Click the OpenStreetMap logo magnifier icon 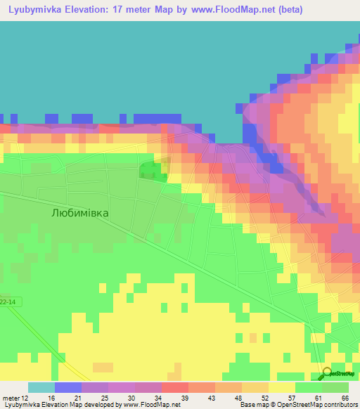(x=328, y=372)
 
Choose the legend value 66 (x=345, y=398)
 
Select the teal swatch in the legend (x=41, y=387)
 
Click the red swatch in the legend (x=174, y=387)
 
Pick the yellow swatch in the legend (x=281, y=387)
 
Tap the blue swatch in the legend (x=68, y=387)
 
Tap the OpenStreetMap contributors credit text (x=309, y=405)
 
